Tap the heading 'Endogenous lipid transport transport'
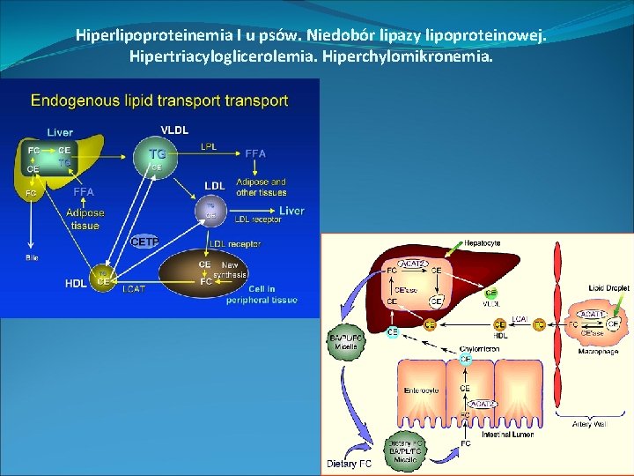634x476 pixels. [159, 100]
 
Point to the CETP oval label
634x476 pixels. [145, 242]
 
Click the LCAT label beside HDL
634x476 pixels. [135, 288]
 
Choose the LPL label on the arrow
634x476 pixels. [210, 145]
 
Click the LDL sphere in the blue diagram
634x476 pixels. [210, 210]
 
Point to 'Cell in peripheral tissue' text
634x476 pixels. [273, 294]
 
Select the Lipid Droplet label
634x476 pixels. [608, 288]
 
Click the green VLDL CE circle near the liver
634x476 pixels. [490, 293]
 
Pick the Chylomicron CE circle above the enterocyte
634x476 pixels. [466, 360]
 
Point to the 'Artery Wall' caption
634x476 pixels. [587, 425]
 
